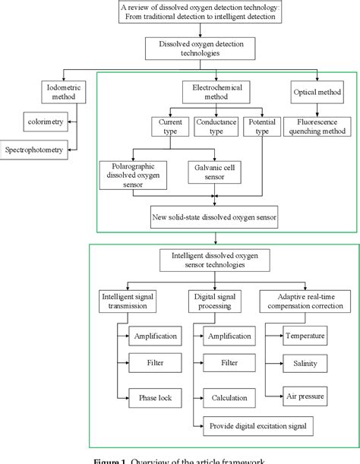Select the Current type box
168,126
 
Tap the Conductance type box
216,126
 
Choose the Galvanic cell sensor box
213,172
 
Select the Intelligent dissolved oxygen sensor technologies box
201,262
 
